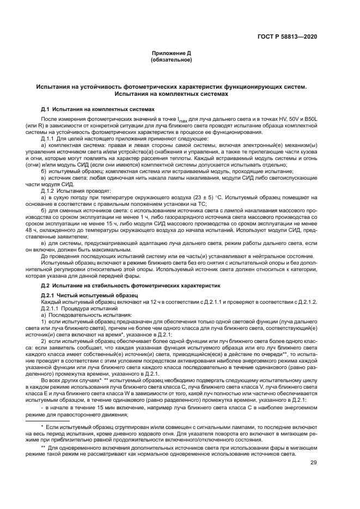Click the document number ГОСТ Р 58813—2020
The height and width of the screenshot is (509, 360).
291,36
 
